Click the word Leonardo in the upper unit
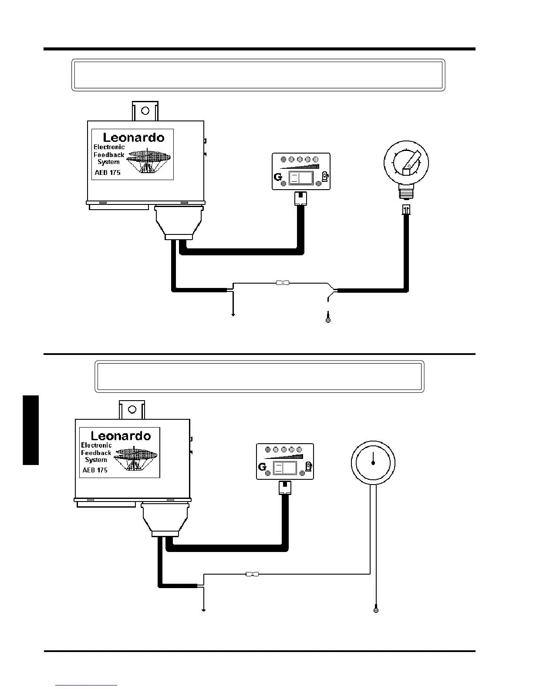tap(134, 138)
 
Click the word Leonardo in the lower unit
tap(121, 436)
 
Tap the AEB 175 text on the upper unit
tap(108, 173)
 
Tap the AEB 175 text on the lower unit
tap(95, 470)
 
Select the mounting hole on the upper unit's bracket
tap(145, 110)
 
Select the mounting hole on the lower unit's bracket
tap(133, 409)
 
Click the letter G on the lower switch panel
tap(262, 467)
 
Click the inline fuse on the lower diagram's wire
tap(252, 574)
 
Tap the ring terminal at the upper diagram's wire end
tap(328, 320)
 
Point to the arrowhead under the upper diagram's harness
tap(233, 314)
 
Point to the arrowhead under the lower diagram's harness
tap(203, 610)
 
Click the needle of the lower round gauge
tap(373, 458)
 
